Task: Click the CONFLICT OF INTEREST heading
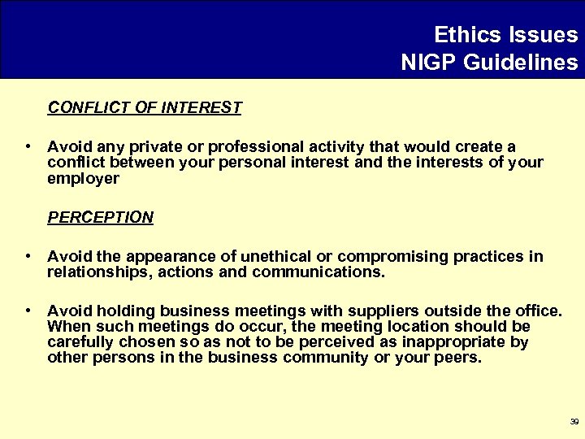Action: coord(145,107)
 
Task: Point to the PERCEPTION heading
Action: coord(100,217)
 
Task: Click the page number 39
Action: coord(574,421)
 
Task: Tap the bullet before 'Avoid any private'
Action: coord(28,147)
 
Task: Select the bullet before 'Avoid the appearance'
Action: coord(28,257)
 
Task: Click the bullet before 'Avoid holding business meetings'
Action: coord(28,311)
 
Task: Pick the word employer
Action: coord(83,178)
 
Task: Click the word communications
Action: coord(318,272)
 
